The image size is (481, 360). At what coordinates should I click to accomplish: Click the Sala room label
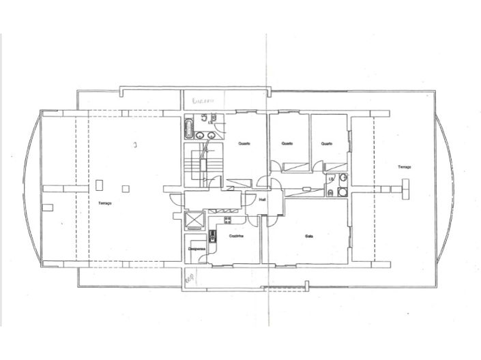click(308, 236)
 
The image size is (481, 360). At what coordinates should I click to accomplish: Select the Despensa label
click(198, 249)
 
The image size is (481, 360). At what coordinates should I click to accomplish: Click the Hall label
click(263, 200)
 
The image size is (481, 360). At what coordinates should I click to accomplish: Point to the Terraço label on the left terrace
click(104, 202)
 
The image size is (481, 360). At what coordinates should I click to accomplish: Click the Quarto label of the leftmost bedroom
click(244, 143)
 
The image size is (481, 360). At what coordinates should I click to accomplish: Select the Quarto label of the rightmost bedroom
click(326, 143)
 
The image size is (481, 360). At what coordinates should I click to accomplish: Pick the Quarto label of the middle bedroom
click(287, 143)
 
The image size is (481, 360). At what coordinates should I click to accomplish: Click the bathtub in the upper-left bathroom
click(189, 127)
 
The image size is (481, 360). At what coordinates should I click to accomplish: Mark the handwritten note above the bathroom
click(203, 100)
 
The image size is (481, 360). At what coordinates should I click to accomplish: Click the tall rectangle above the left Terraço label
click(100, 184)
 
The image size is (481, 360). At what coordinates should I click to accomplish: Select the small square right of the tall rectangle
click(126, 187)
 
